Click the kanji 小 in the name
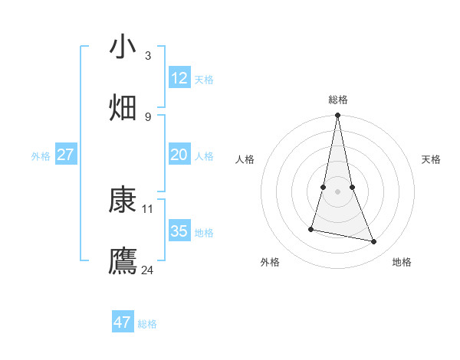[x=123, y=47]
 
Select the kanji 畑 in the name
[x=123, y=108]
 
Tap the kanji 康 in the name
[x=123, y=201]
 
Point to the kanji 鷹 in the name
[x=123, y=261]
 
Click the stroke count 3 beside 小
[x=148, y=55]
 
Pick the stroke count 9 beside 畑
[x=148, y=116]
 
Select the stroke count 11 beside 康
[x=148, y=208]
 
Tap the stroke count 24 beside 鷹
[x=148, y=270]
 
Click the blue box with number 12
[x=179, y=78]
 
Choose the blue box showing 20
[x=179, y=155]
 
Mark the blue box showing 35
[x=179, y=231]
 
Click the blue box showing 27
[x=66, y=155]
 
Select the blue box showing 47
[x=123, y=322]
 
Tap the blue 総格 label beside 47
[x=148, y=324]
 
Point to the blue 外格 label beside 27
[x=41, y=156]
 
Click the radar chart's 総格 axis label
[x=338, y=100]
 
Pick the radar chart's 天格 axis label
[x=432, y=159]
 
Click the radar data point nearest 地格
[x=374, y=242]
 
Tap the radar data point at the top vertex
[x=338, y=116]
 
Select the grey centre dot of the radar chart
[x=338, y=191]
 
